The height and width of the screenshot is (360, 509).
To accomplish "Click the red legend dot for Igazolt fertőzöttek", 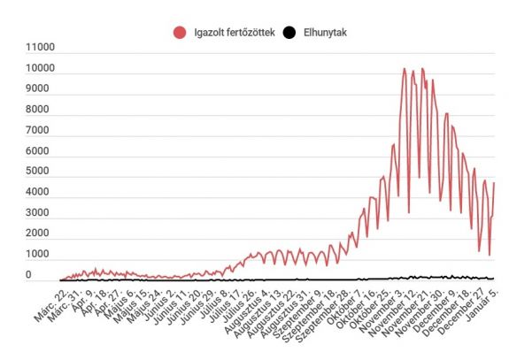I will pos(181,33).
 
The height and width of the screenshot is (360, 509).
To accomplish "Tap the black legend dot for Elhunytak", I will pos(289,33).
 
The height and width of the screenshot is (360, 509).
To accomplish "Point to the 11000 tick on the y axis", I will pos(41,49).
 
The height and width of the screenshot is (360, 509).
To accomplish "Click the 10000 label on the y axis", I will pos(41,69).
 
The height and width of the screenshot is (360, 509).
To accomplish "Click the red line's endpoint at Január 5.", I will pos(493,183).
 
